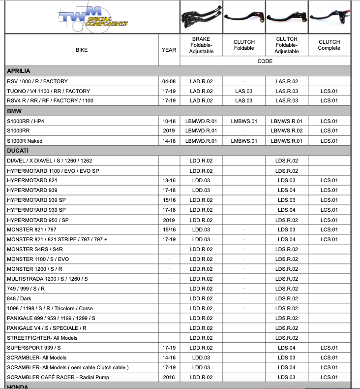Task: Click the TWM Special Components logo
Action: pyautogui.click(x=92, y=17)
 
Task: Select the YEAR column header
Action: pyautogui.click(x=169, y=50)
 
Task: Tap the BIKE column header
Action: pyautogui.click(x=82, y=50)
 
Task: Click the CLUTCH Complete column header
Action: pyautogui.click(x=329, y=45)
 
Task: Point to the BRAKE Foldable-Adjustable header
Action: pyautogui.click(x=201, y=45)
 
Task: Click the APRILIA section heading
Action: pyautogui.click(x=19, y=71)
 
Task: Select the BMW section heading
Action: pyautogui.click(x=14, y=111)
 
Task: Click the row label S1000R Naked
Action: pyautogui.click(x=25, y=141)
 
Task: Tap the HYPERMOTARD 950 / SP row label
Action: pyautogui.click(x=38, y=220)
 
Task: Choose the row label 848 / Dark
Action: pyautogui.click(x=19, y=298)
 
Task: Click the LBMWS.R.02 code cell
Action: pyautogui.click(x=286, y=131)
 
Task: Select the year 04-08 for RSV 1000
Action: pyautogui.click(x=169, y=81)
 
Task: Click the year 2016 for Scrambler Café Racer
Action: pyautogui.click(x=169, y=377)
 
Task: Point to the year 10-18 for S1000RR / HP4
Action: pyautogui.click(x=169, y=121)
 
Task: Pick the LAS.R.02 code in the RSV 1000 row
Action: pyautogui.click(x=286, y=81)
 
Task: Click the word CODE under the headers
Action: pyautogui.click(x=265, y=62)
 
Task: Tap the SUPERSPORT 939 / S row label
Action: pyautogui.click(x=33, y=348)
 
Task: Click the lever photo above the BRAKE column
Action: pyautogui.click(x=201, y=16)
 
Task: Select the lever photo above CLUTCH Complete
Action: pyautogui.click(x=329, y=16)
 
